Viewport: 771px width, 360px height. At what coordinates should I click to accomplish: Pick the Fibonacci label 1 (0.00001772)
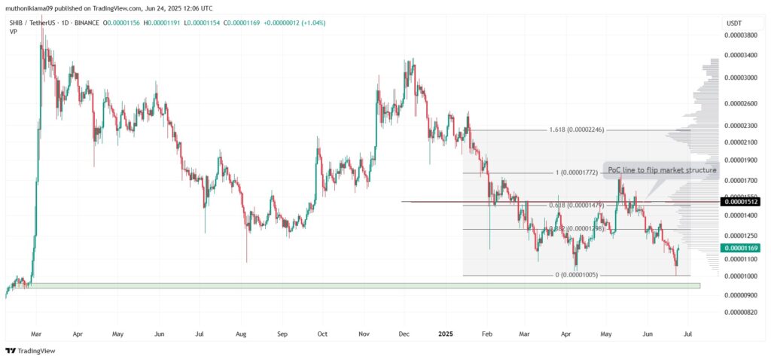click(577, 172)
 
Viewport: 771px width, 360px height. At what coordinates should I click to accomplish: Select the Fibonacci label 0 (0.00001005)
click(577, 275)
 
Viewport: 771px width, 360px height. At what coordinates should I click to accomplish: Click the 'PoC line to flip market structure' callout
click(660, 170)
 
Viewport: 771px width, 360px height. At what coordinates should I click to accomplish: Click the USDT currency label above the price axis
click(733, 24)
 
